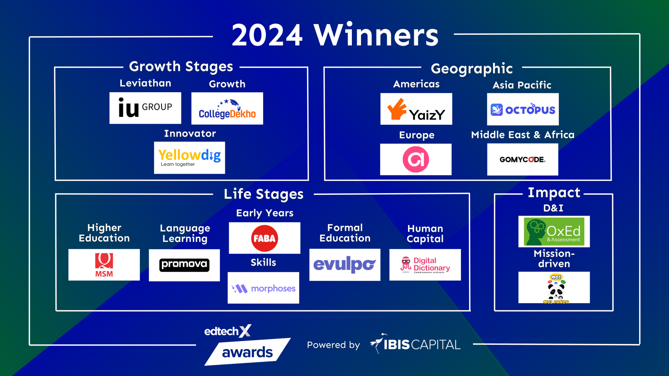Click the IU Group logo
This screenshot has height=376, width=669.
pyautogui.click(x=145, y=108)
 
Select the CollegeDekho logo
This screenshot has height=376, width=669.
pyautogui.click(x=227, y=109)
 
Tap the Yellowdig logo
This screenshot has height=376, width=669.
pyautogui.click(x=189, y=157)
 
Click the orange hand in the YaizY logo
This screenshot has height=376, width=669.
pyautogui.click(x=397, y=109)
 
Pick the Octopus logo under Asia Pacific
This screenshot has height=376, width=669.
pyautogui.click(x=523, y=110)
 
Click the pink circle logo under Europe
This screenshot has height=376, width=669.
pyautogui.click(x=416, y=159)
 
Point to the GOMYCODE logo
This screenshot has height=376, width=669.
pyautogui.click(x=522, y=159)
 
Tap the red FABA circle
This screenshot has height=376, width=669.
pyautogui.click(x=265, y=238)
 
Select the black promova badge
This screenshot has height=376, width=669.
pyautogui.click(x=184, y=265)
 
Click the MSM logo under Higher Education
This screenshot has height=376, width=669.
pyautogui.click(x=104, y=265)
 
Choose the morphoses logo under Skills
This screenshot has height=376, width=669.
pyautogui.click(x=264, y=288)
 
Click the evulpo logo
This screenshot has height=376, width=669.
pyautogui.click(x=345, y=265)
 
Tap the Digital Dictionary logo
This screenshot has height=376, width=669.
pyautogui.click(x=425, y=265)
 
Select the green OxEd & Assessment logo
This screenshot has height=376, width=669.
pyautogui.click(x=554, y=232)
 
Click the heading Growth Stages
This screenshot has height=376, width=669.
pyautogui.click(x=181, y=67)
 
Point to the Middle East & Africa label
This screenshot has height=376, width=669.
pyautogui.click(x=522, y=135)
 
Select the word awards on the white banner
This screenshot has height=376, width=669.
pyautogui.click(x=247, y=352)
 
